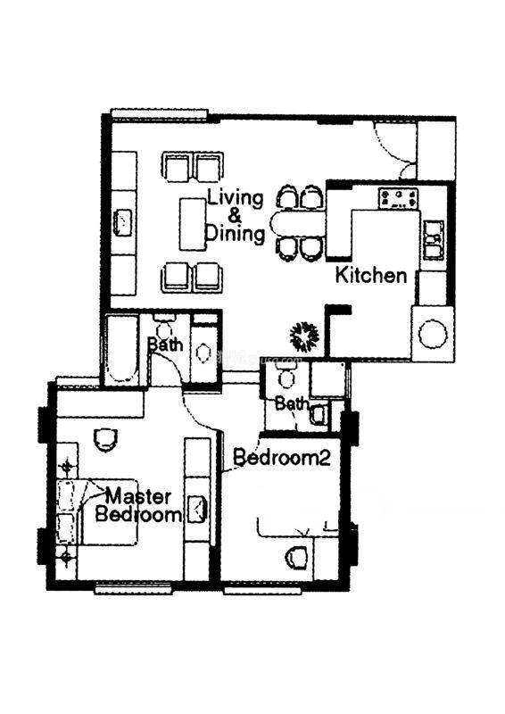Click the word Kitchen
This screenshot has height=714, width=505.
[x=371, y=276]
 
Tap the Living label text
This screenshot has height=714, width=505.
[x=236, y=199]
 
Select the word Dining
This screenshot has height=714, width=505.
[x=235, y=233]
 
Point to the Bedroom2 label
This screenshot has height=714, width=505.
[x=281, y=457]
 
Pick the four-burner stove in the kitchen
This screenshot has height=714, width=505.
[x=398, y=198]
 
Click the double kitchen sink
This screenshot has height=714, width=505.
[x=434, y=240]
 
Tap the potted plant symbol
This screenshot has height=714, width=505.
[x=304, y=336]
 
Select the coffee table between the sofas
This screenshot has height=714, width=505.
[x=192, y=224]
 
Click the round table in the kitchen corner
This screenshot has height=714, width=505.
[x=433, y=334]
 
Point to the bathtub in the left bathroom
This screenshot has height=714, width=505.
[x=121, y=349]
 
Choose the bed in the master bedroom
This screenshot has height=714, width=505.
[x=97, y=511]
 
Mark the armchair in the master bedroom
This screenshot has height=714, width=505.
[x=105, y=439]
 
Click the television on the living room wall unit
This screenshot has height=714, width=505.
[x=122, y=222]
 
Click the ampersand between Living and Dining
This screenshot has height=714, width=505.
[x=235, y=215]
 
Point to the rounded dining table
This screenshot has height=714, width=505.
[x=298, y=224]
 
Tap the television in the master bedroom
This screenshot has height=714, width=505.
[x=198, y=509]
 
